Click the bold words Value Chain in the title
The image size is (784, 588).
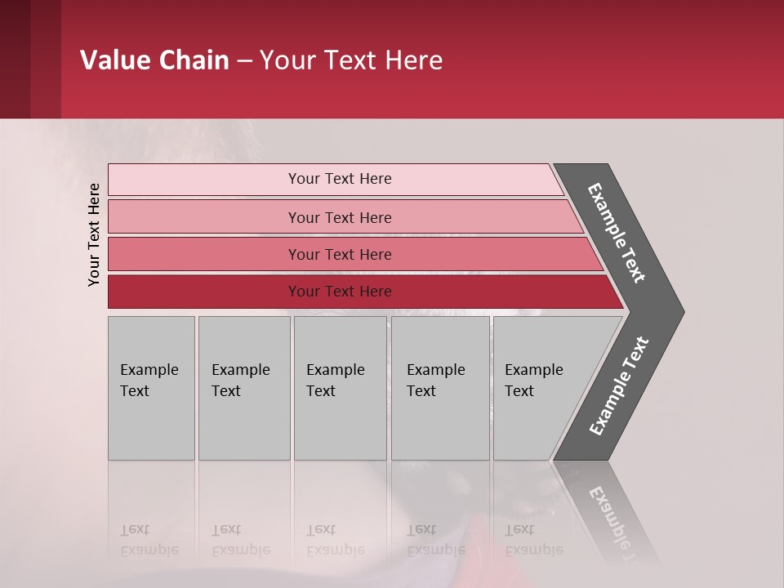[x=154, y=60]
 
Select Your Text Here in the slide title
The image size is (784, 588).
[x=351, y=60]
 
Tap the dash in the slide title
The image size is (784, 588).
[x=244, y=61]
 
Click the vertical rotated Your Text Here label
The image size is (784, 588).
[x=94, y=234]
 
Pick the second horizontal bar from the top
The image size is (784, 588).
[x=339, y=217]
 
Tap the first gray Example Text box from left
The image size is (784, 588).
[x=151, y=388]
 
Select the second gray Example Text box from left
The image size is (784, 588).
[x=244, y=388]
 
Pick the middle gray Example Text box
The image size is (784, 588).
[x=340, y=388]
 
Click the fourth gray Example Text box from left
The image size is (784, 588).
[x=440, y=388]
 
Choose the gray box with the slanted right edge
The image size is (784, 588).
[x=539, y=388]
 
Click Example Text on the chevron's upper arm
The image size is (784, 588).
[x=617, y=233]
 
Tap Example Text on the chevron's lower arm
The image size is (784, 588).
[x=619, y=385]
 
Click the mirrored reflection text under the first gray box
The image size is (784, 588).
[x=149, y=540]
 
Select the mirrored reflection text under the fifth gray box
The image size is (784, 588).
[x=534, y=540]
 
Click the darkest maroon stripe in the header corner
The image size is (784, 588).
[x=15, y=59]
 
